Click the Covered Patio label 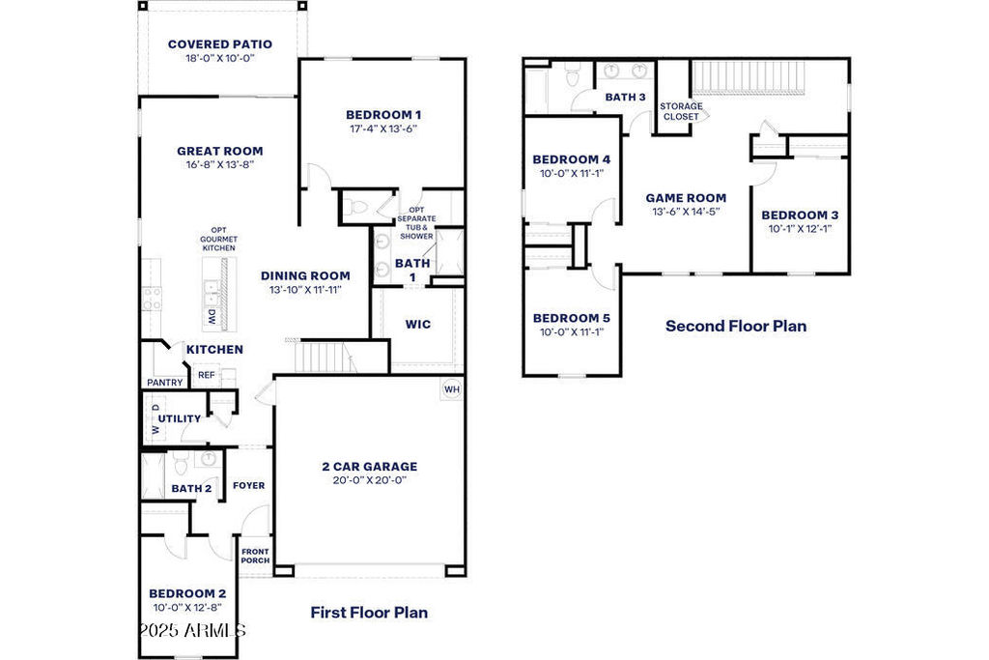click(x=220, y=44)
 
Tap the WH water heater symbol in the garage click(x=452, y=389)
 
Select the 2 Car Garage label click(x=370, y=467)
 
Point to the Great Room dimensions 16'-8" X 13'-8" click(x=220, y=164)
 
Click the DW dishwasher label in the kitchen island click(x=212, y=317)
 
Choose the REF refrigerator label click(x=207, y=375)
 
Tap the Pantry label click(x=164, y=383)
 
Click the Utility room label click(x=179, y=418)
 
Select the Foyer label click(x=248, y=485)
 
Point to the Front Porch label click(x=255, y=556)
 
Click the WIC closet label click(x=418, y=325)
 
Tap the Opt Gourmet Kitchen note click(x=219, y=239)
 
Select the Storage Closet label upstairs click(x=681, y=112)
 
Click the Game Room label click(x=686, y=198)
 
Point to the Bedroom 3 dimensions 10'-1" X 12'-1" click(x=800, y=228)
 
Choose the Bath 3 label click(x=625, y=98)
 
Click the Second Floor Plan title click(x=736, y=326)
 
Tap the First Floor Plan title click(x=369, y=612)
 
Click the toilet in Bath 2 click(x=181, y=464)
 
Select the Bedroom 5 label click(x=572, y=318)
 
